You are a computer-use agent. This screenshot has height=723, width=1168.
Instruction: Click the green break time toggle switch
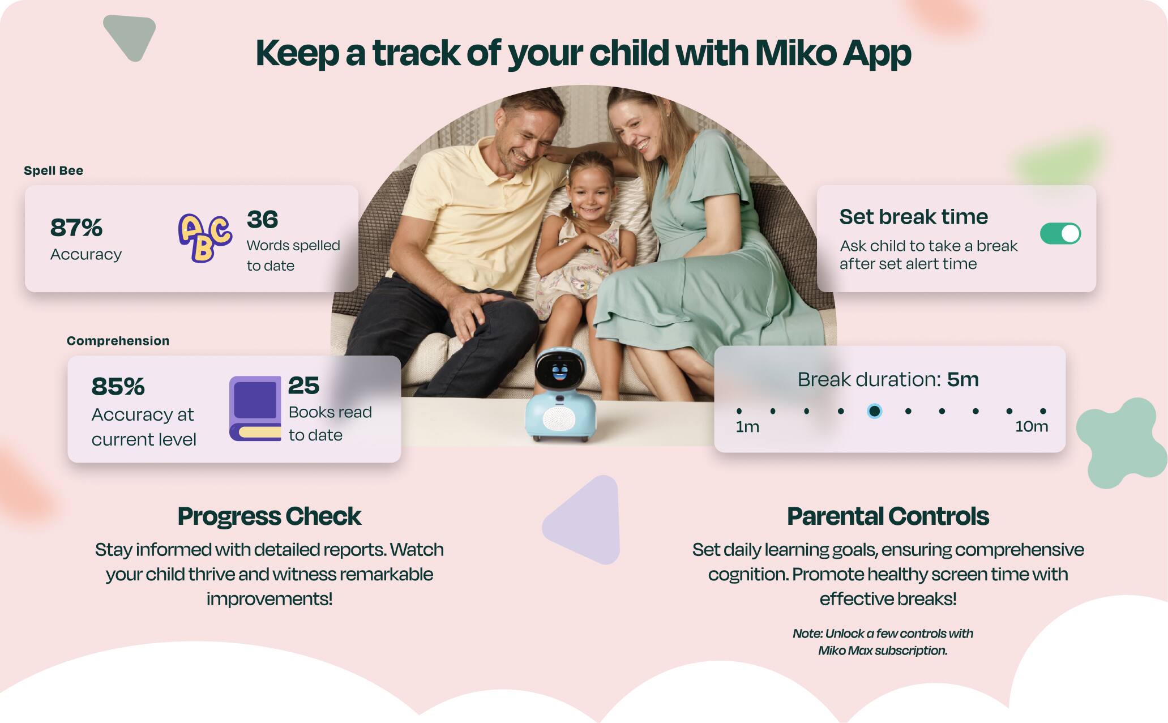pyautogui.click(x=1060, y=233)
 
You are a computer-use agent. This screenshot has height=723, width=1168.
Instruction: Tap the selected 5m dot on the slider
pyautogui.click(x=874, y=411)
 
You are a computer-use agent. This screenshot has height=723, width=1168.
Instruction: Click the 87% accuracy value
pyautogui.click(x=76, y=228)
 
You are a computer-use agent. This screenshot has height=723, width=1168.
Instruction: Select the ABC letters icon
pyautogui.click(x=204, y=238)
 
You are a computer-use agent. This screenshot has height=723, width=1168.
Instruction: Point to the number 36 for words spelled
pyautogui.click(x=262, y=220)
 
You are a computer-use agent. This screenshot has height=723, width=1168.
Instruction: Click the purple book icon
pyautogui.click(x=255, y=408)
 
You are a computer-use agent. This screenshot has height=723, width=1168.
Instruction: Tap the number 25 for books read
pyautogui.click(x=303, y=386)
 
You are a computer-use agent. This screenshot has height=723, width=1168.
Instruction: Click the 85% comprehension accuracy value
pyautogui.click(x=118, y=387)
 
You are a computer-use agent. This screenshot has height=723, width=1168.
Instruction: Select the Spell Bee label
pyautogui.click(x=53, y=170)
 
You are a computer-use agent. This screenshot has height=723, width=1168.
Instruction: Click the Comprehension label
pyautogui.click(x=118, y=341)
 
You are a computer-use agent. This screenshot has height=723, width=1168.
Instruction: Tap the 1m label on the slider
pyautogui.click(x=747, y=427)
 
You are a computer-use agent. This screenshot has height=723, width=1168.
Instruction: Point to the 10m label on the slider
pyautogui.click(x=1031, y=427)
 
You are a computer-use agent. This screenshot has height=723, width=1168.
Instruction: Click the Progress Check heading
pyautogui.click(x=269, y=516)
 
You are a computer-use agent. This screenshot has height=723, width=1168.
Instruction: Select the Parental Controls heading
pyautogui.click(x=888, y=516)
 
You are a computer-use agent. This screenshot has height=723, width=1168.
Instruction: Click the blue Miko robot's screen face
pyautogui.click(x=559, y=371)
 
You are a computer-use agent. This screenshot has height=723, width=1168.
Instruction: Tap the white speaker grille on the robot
pyautogui.click(x=559, y=420)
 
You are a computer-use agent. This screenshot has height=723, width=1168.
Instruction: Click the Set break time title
pyautogui.click(x=913, y=217)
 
